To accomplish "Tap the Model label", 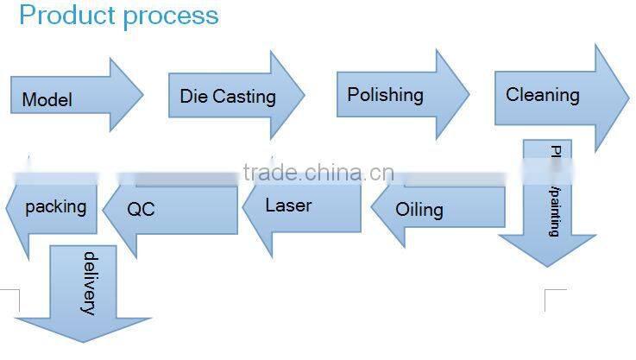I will point(47,100).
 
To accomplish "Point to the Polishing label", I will point(385,94).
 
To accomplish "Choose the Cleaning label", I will point(542,95).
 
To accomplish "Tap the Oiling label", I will point(419,210).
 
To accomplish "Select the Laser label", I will point(288,205).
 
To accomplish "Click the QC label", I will point(141,209).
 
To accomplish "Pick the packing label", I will point(56,206).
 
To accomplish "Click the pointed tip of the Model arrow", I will point(142,95).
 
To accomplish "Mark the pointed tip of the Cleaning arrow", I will point(629,97).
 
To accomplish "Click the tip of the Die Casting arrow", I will point(305,95).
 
